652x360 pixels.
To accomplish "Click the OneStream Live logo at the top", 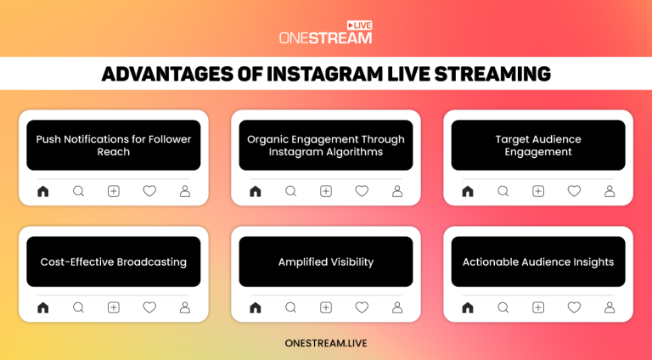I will tap(326, 33).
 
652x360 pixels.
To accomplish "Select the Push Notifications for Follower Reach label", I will tap(114, 145).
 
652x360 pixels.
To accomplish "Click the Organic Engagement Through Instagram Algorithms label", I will tap(326, 145).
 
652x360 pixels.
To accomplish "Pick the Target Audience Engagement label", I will tap(538, 145).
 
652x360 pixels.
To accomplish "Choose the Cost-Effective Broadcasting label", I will tap(114, 262).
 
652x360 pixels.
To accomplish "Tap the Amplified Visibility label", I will tap(326, 262).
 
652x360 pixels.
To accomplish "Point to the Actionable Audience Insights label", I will tap(538, 262).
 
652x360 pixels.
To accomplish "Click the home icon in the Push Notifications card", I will tap(43, 191).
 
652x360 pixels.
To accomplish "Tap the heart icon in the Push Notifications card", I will tap(149, 191).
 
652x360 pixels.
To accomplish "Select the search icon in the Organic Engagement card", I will tap(290, 191).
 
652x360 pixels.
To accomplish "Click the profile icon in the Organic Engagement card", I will tap(397, 191).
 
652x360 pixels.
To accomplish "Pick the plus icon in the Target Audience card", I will tap(538, 191).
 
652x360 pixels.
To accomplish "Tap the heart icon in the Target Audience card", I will tap(574, 191).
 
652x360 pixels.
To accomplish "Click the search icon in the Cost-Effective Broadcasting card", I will tap(78, 307).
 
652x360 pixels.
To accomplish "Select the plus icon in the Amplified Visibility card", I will tap(326, 307).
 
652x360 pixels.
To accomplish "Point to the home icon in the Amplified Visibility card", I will tap(256, 307).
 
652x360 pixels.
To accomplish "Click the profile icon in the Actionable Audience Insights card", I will tap(610, 307).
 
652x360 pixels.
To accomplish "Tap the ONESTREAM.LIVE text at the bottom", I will tap(326, 343).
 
